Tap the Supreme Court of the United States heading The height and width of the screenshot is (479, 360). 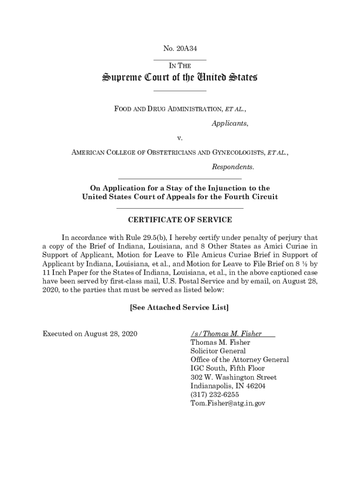[x=180, y=78]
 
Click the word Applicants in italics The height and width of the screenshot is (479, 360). [x=230, y=124]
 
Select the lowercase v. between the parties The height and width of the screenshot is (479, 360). [x=180, y=138]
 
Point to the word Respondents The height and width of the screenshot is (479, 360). [x=233, y=167]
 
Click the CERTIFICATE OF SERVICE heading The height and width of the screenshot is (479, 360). [x=180, y=220]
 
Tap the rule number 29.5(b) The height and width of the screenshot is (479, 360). [x=158, y=238]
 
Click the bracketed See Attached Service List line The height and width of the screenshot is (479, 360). [x=180, y=307]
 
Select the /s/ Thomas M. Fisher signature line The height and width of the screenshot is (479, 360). [x=226, y=334]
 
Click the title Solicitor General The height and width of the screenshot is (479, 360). [x=218, y=351]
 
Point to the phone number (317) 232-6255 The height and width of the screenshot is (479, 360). [x=215, y=394]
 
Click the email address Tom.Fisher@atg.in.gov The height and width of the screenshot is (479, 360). [x=228, y=403]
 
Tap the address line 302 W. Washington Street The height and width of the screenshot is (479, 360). [x=233, y=377]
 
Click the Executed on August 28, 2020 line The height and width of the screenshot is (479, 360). [x=89, y=334]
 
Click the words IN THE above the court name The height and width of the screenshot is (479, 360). [x=180, y=66]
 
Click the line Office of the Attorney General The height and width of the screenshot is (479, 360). [x=239, y=360]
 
